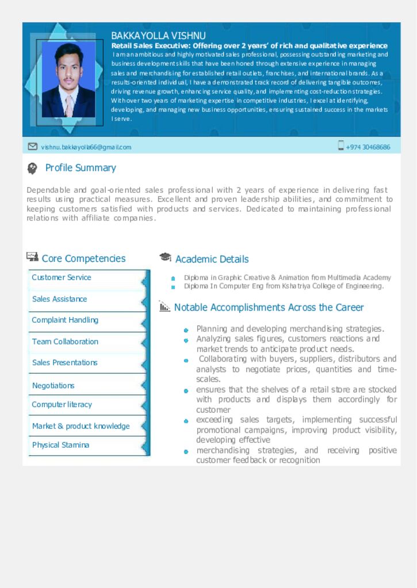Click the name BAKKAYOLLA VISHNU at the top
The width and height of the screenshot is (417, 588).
click(158, 36)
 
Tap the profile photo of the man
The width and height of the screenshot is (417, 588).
click(69, 80)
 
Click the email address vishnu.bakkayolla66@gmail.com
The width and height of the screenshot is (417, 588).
click(86, 147)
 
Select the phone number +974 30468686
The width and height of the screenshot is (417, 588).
click(368, 147)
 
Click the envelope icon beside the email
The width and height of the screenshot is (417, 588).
click(33, 146)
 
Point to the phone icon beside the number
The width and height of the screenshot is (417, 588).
click(341, 146)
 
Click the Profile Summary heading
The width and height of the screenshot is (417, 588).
click(81, 168)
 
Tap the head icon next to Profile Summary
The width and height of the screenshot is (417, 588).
click(32, 168)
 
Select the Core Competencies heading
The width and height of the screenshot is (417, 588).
click(83, 258)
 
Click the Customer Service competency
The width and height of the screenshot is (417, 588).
click(62, 277)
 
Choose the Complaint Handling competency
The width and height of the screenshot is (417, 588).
click(65, 320)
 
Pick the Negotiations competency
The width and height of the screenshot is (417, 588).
click(53, 385)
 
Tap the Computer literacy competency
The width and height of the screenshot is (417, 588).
click(62, 404)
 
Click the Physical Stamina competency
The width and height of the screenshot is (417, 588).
click(60, 445)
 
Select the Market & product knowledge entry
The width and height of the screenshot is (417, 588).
click(81, 426)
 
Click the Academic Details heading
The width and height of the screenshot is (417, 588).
click(212, 259)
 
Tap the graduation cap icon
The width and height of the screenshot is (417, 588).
click(165, 257)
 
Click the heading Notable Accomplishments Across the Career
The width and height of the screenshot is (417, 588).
click(269, 307)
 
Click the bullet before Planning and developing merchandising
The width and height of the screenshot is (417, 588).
click(186, 330)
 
